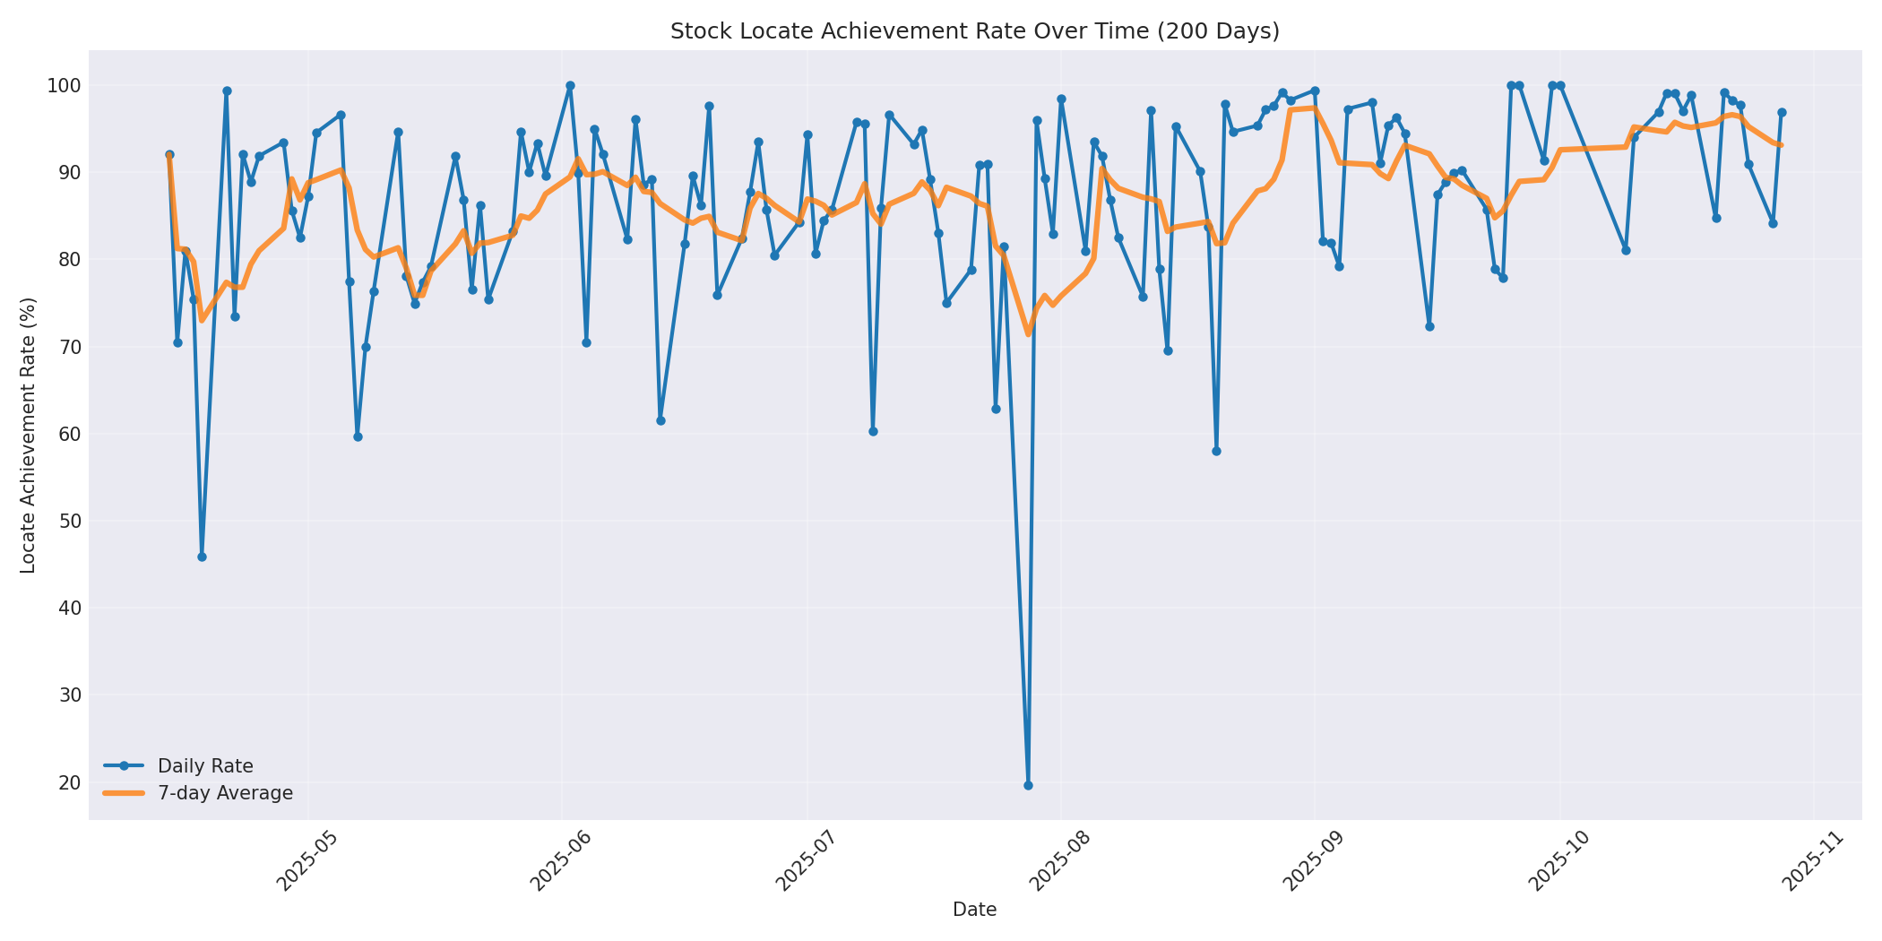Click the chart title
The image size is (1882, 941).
click(x=974, y=31)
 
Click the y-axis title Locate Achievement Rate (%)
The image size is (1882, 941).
click(x=28, y=435)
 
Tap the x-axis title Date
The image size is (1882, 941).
click(x=974, y=910)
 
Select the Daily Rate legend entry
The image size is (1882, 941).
click(x=205, y=766)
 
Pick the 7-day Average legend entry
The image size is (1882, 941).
click(x=225, y=793)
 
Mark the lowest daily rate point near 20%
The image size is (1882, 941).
click(x=1028, y=785)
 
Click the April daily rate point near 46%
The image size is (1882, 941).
click(x=202, y=557)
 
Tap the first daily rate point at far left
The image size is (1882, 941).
click(x=169, y=155)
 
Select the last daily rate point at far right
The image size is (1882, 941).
click(x=1782, y=113)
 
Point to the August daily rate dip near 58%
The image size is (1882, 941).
click(x=1216, y=451)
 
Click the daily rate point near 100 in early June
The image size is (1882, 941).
click(x=570, y=86)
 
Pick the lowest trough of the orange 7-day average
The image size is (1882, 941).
click(x=1028, y=334)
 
